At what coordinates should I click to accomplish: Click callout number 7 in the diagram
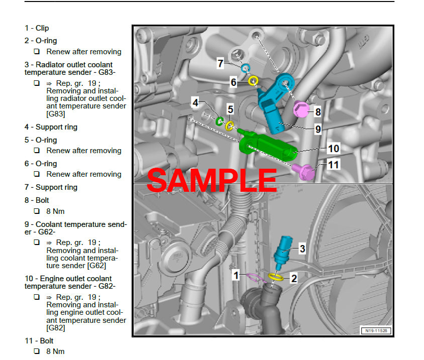point(221,63)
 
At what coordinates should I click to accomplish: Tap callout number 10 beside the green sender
point(334,148)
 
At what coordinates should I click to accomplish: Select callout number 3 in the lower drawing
point(302,248)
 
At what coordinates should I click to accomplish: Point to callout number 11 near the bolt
point(334,164)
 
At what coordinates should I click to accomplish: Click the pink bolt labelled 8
point(301,109)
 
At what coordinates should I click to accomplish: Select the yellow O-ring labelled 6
point(254,80)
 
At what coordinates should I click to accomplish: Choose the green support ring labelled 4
point(220,121)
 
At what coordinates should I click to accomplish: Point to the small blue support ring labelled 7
point(246,68)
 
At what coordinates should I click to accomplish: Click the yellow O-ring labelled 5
point(230,125)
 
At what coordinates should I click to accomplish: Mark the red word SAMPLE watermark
point(211,180)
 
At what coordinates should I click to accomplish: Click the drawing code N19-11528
point(376,330)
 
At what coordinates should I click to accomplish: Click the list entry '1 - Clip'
point(37,28)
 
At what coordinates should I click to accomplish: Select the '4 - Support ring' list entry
point(51,127)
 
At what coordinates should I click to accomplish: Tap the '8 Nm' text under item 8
point(55,211)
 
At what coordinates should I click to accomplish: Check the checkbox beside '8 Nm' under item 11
point(37,351)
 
